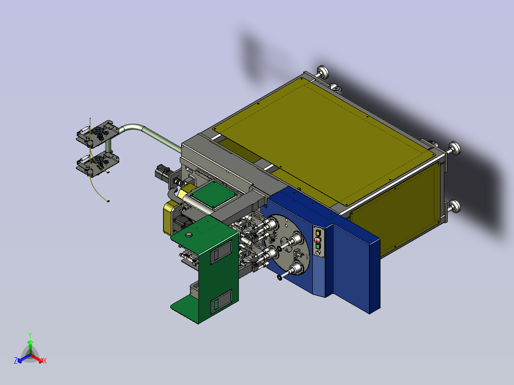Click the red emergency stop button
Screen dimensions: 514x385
[318, 240]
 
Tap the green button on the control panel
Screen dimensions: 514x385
[318, 246]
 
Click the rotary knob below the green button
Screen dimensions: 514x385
[318, 253]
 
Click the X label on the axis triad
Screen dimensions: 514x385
[45, 361]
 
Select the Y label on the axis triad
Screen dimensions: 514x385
[30, 335]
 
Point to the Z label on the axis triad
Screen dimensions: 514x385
[16, 361]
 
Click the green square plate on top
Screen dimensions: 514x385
[214, 194]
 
